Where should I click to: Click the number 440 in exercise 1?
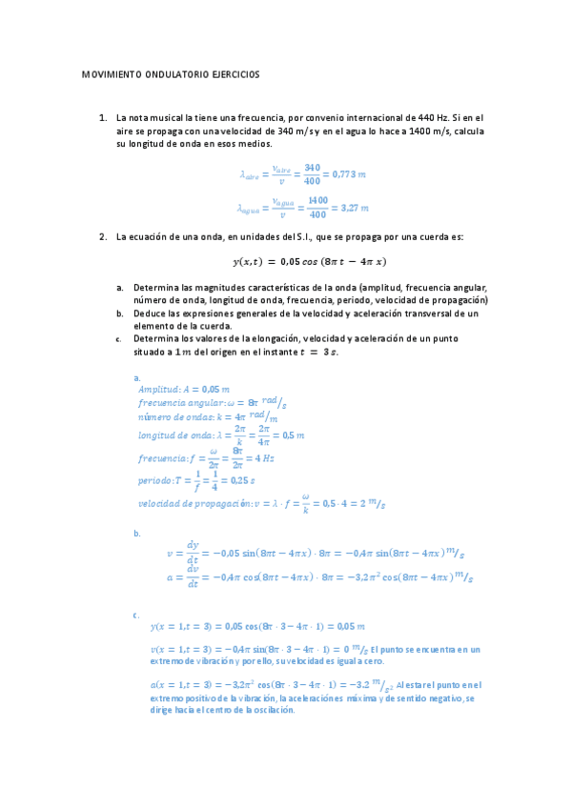coord(415,117)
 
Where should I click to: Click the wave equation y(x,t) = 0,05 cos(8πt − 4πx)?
coord(309,261)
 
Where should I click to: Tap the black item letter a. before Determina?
coord(120,287)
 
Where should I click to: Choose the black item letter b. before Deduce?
coord(120,313)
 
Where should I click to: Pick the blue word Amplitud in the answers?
coord(156,389)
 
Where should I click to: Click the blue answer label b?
coord(137,533)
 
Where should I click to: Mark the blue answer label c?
coord(137,615)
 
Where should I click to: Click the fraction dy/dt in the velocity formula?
coord(193,552)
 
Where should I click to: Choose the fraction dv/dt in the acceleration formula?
coord(193,576)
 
